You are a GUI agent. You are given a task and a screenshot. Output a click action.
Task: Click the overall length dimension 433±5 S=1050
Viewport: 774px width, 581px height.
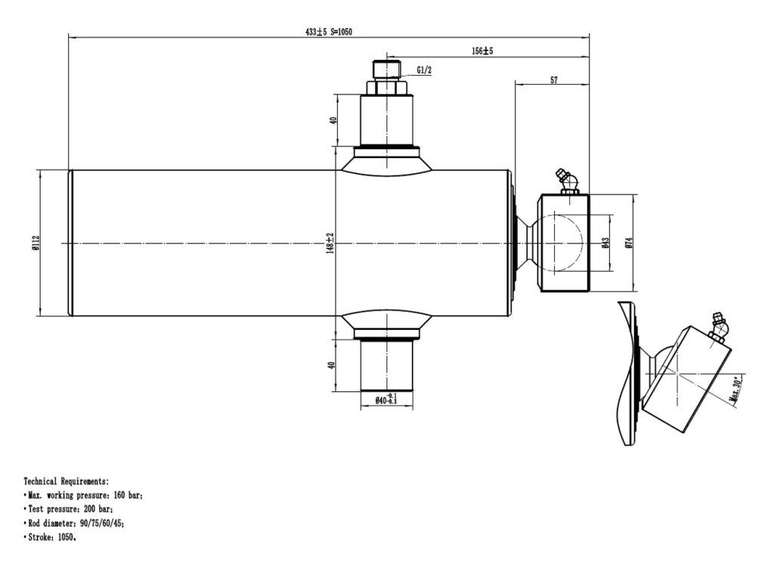(x=329, y=31)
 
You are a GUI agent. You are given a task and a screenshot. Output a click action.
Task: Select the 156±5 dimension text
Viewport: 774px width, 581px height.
(x=482, y=51)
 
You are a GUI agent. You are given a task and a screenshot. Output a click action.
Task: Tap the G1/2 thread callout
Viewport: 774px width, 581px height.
(x=424, y=70)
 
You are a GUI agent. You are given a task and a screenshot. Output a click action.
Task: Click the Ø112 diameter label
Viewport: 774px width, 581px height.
(x=36, y=243)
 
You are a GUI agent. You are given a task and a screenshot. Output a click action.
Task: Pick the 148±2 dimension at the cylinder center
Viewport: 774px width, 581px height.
(x=330, y=243)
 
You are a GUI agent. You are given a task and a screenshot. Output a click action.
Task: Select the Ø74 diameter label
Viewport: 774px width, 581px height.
(x=628, y=243)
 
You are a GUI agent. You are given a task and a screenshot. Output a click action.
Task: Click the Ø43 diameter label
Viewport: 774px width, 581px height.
(x=605, y=243)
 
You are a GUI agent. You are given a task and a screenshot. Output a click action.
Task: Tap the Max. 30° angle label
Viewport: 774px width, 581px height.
(x=735, y=389)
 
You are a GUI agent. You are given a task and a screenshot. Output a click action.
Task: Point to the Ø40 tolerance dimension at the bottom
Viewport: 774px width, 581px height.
(x=386, y=399)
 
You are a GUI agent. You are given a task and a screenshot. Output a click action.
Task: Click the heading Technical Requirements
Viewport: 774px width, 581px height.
(x=67, y=481)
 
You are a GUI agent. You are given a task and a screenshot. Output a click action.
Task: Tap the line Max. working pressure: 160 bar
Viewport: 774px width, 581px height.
(x=83, y=496)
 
